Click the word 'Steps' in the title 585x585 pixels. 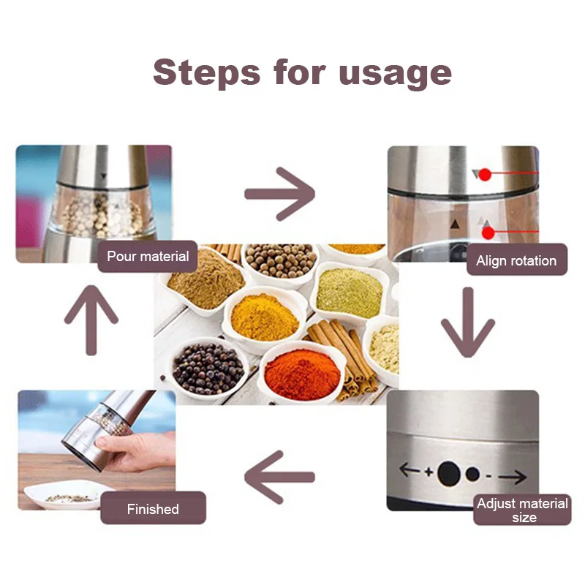pyautogui.click(x=206, y=73)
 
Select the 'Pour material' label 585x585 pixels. pyautogui.click(x=148, y=257)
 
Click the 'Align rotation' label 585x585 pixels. pyautogui.click(x=517, y=260)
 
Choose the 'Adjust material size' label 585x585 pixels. pyautogui.click(x=522, y=510)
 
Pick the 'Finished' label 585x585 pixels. pyautogui.click(x=153, y=508)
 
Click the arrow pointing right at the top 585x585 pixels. pyautogui.click(x=279, y=194)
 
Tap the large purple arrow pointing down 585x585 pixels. pyautogui.click(x=468, y=322)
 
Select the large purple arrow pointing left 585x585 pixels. pyautogui.click(x=279, y=478)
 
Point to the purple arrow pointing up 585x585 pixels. pyautogui.click(x=91, y=320)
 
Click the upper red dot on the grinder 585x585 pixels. pyautogui.click(x=485, y=175)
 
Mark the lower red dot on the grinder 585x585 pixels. pyautogui.click(x=488, y=233)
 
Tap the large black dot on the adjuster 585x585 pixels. pyautogui.click(x=449, y=474)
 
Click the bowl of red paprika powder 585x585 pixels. pyautogui.click(x=302, y=373)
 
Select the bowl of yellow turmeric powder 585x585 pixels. pyautogui.click(x=264, y=317)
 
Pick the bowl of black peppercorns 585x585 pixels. pyautogui.click(x=208, y=369)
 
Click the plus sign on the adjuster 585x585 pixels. pyautogui.click(x=429, y=472)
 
